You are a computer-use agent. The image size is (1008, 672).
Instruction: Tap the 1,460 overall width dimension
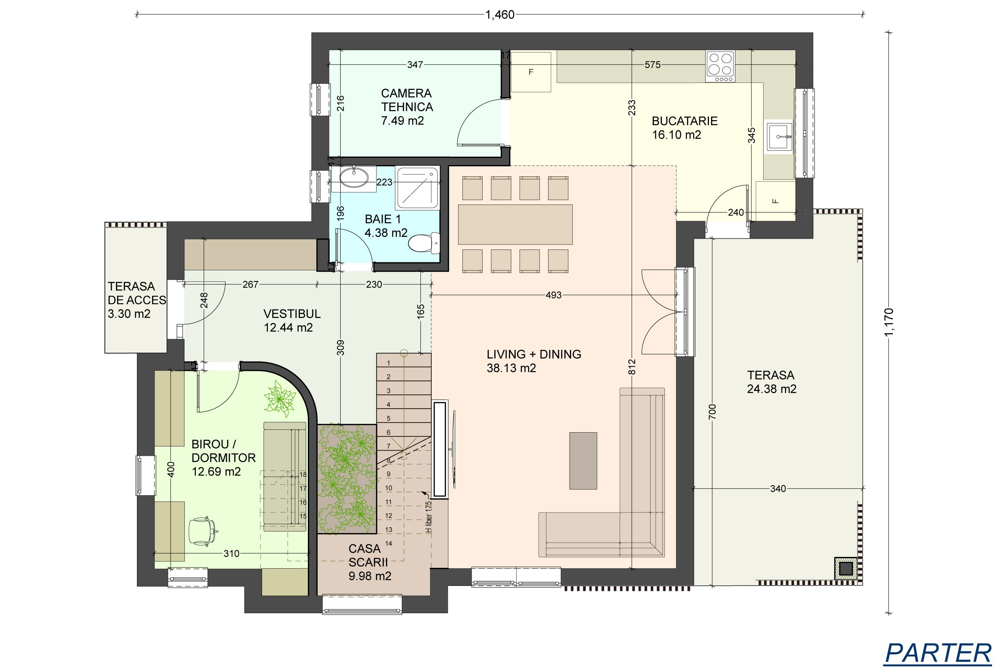(x=500, y=15)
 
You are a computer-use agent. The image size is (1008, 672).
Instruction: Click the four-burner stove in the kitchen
(x=720, y=66)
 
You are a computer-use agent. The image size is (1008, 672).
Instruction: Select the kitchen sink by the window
(x=780, y=137)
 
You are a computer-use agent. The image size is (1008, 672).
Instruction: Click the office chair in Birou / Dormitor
(x=203, y=531)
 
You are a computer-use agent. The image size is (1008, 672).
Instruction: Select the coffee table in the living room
(x=583, y=461)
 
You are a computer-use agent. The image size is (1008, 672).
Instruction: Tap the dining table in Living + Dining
(x=515, y=225)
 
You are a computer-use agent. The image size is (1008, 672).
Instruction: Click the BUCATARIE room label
(x=685, y=121)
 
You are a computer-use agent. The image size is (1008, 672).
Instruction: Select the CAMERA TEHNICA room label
(x=407, y=100)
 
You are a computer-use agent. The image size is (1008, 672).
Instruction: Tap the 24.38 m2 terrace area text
(x=772, y=389)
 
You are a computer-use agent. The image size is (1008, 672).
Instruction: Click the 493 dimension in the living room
(x=553, y=295)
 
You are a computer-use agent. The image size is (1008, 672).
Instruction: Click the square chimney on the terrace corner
(x=845, y=569)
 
